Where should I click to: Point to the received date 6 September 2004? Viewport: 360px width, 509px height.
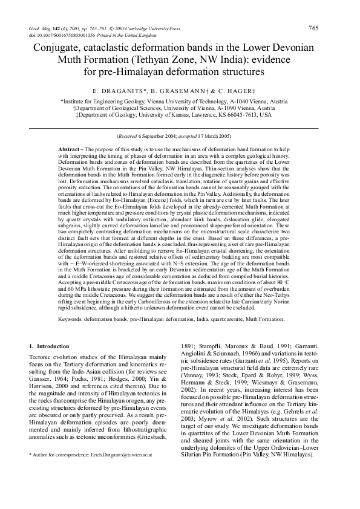[x=163, y=137]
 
